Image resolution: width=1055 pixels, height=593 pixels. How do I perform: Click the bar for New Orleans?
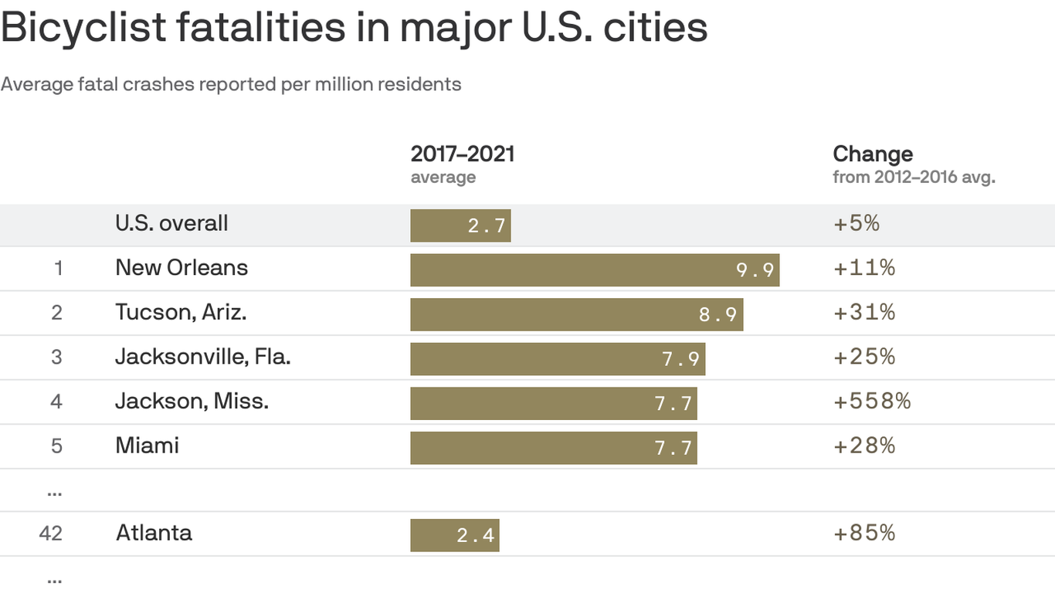tap(594, 269)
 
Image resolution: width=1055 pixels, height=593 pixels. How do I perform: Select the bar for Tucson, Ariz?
tap(576, 314)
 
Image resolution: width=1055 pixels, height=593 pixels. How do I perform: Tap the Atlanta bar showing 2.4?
tap(454, 534)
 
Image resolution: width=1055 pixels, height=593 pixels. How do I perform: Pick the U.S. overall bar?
tap(460, 225)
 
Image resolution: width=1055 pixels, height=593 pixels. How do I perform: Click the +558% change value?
tap(872, 402)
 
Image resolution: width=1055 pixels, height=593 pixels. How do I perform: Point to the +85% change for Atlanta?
tap(864, 533)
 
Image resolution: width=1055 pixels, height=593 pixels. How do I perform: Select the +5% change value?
tap(857, 224)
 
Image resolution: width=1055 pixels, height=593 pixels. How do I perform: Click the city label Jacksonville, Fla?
tap(202, 357)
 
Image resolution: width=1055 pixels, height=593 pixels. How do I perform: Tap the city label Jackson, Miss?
tap(192, 402)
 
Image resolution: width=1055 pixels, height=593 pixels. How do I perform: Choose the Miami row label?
tap(147, 446)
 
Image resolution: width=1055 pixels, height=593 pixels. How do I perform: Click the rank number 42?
tap(51, 534)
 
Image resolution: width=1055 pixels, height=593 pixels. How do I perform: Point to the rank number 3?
tap(56, 357)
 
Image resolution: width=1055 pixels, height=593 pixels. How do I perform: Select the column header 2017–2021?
tap(462, 154)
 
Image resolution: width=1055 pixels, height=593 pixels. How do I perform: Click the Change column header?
tap(872, 154)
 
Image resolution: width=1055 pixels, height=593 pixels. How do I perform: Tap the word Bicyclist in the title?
tap(83, 28)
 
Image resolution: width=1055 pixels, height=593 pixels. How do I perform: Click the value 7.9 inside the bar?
tap(680, 359)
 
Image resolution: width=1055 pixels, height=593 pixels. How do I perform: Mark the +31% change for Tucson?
tap(864, 313)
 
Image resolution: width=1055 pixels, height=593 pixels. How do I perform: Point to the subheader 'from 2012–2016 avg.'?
tap(914, 178)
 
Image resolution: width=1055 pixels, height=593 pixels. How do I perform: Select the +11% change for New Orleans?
tap(864, 268)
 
